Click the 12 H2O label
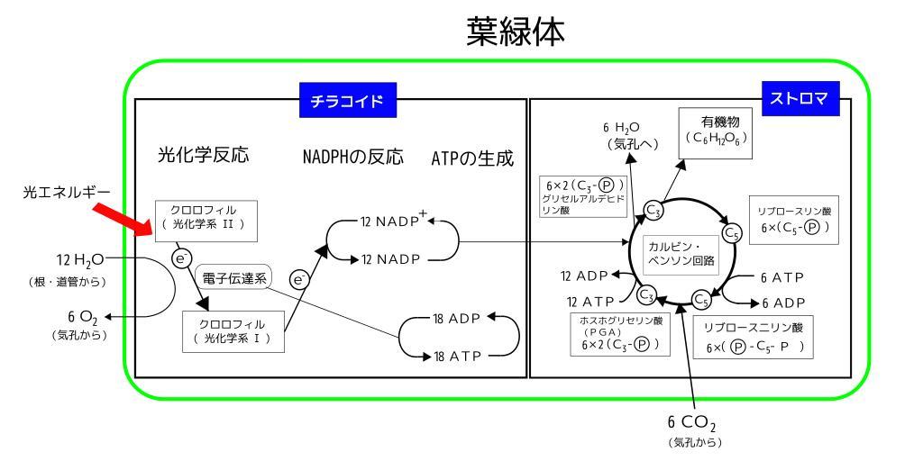[80, 260]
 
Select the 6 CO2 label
[691, 423]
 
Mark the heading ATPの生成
[472, 158]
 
